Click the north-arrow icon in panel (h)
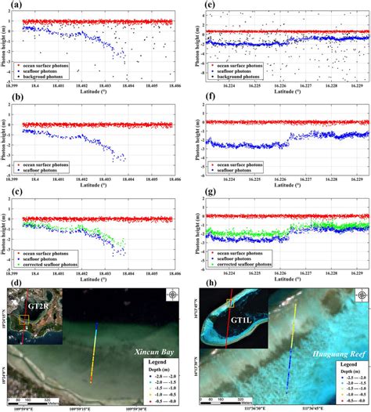(x=362, y=295)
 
